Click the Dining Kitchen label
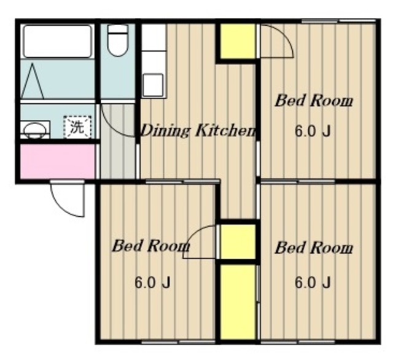(198, 131)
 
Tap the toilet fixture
(117, 41)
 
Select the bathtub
(57, 41)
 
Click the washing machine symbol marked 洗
(77, 127)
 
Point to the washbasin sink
(35, 130)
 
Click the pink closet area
(58, 162)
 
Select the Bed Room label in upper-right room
(314, 101)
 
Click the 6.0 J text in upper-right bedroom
(313, 131)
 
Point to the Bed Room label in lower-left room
(150, 246)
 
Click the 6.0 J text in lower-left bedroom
(152, 283)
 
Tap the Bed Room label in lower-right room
(314, 248)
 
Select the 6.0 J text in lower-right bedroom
(313, 283)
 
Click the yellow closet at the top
(238, 41)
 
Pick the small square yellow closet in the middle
(238, 241)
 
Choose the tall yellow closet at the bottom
(238, 302)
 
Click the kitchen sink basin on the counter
(153, 85)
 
